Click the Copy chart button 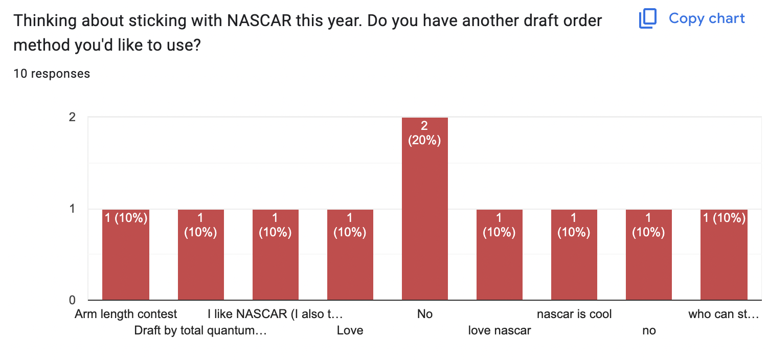[x=692, y=19]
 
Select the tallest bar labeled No [x=424, y=215]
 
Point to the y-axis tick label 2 [x=73, y=117]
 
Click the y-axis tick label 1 [x=73, y=209]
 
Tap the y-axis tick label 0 [x=73, y=300]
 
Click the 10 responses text [x=52, y=74]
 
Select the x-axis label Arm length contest [x=126, y=314]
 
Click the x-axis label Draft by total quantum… [x=200, y=330]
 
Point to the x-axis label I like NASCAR [x=275, y=314]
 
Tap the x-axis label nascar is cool [x=574, y=314]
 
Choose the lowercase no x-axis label [x=648, y=330]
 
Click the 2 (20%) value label [x=424, y=133]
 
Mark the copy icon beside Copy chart [x=647, y=19]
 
